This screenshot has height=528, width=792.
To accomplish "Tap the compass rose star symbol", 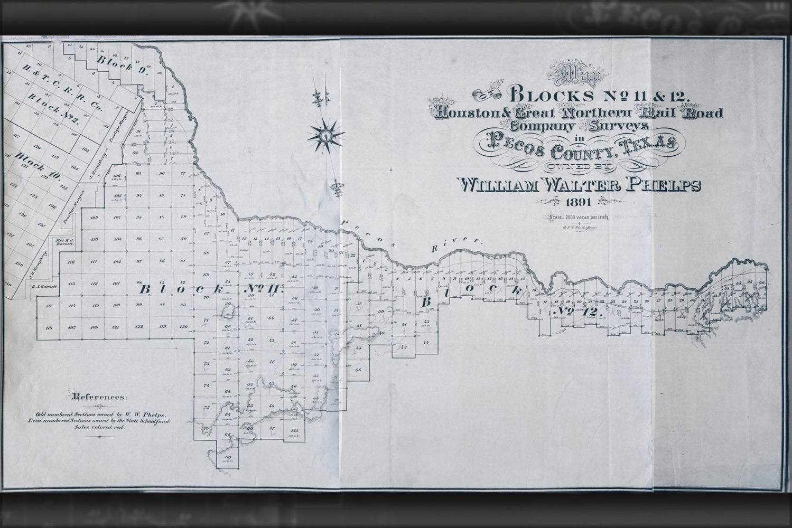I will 326,136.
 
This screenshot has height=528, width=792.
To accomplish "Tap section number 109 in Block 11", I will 95,218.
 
